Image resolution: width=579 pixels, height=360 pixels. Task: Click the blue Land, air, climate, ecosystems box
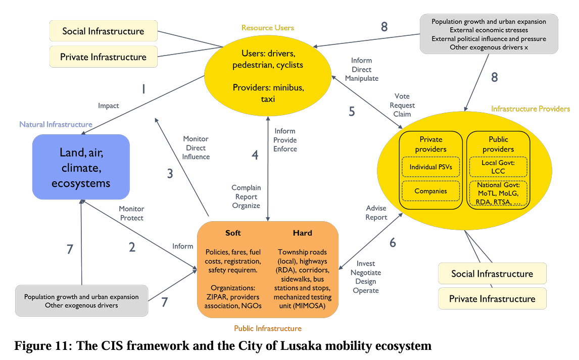[81, 167]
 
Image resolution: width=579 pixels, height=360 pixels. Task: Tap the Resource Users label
[268, 28]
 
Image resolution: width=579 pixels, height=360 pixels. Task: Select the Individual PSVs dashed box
[431, 167]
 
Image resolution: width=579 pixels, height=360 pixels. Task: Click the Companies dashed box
[431, 191]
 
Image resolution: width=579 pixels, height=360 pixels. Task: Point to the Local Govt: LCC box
[498, 167]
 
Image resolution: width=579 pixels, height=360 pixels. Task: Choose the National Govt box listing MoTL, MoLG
[498, 193]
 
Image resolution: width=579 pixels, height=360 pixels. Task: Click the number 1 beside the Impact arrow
[143, 89]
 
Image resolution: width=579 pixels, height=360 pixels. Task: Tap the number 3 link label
[170, 174]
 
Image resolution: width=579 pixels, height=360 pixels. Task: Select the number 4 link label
[255, 155]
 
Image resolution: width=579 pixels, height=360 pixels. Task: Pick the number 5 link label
[352, 112]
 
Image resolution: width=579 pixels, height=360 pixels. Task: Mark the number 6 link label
[393, 243]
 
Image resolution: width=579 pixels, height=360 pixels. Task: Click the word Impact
[109, 106]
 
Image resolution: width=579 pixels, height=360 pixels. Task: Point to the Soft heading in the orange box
[233, 233]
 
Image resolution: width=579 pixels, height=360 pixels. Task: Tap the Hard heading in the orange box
[303, 233]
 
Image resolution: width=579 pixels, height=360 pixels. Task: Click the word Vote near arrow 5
[402, 96]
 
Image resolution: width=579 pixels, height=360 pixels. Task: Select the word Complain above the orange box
[246, 188]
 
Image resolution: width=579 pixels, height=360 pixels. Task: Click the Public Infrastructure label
[268, 329]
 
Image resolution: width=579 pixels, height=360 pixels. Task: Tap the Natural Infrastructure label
[56, 124]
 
